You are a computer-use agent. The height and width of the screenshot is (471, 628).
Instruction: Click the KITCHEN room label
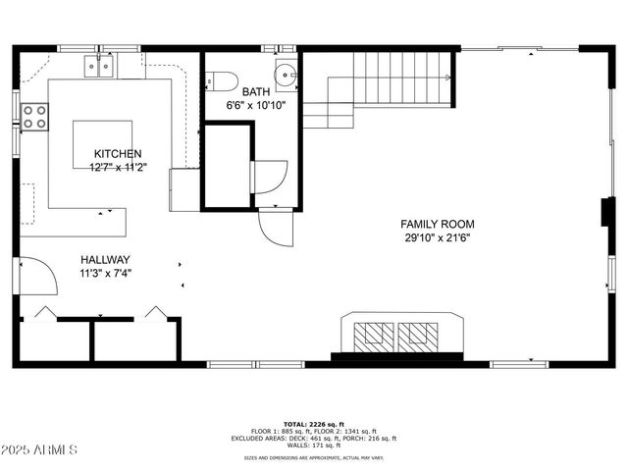(118, 154)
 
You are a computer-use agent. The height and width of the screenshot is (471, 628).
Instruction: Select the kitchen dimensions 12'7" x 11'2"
(118, 167)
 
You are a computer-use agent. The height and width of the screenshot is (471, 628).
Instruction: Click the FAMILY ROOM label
(437, 225)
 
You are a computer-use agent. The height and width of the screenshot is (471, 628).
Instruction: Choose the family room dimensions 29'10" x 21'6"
(437, 237)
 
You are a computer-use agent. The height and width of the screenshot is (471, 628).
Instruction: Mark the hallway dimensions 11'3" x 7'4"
(105, 274)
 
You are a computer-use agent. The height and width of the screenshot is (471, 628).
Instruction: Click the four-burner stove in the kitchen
(35, 117)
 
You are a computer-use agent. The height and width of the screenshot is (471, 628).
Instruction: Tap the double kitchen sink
(101, 67)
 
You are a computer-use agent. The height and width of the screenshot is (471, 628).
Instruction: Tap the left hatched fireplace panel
(373, 335)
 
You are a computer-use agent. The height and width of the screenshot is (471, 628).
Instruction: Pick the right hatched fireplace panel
(421, 335)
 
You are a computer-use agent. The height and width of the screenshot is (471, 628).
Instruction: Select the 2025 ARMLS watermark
(39, 449)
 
